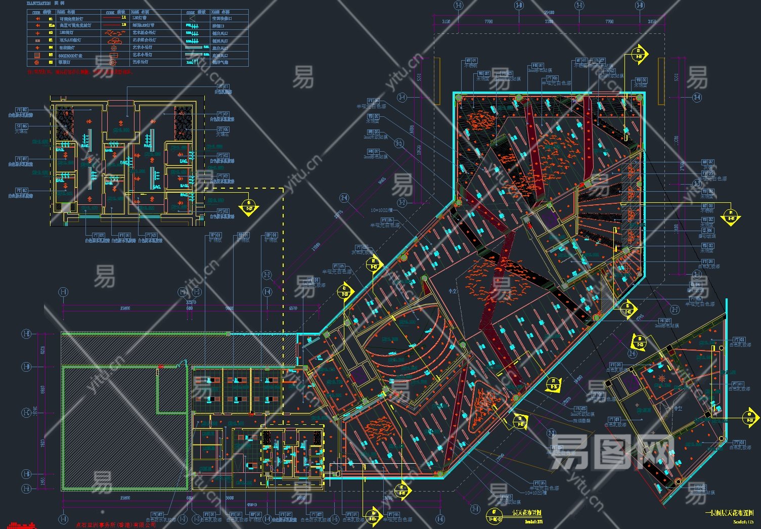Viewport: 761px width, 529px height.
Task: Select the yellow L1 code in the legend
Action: (x=124, y=17)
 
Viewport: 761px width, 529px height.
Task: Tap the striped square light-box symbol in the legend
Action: (x=37, y=55)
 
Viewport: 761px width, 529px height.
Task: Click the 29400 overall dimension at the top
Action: (x=549, y=12)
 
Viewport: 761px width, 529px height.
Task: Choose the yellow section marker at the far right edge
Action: (x=750, y=418)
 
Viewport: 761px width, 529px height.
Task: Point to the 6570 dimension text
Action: (x=293, y=308)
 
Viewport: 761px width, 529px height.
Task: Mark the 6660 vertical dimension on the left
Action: (x=43, y=389)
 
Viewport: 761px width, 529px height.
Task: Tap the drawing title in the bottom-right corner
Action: (x=729, y=513)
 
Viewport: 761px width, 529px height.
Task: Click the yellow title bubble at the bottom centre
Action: (x=495, y=515)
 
